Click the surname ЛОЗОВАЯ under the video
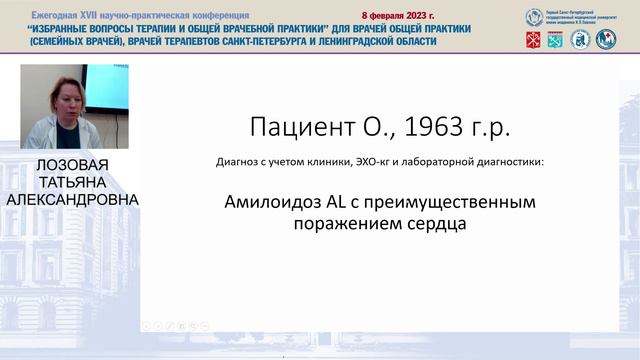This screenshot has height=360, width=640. click(x=71, y=165)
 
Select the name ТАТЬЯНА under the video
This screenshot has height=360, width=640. click(x=71, y=182)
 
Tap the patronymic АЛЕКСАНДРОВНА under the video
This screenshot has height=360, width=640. click(x=71, y=199)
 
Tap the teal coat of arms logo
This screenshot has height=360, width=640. click(x=555, y=39)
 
